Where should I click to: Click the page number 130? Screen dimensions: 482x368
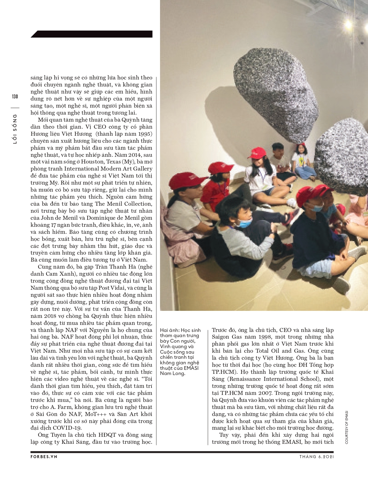pos(15,97)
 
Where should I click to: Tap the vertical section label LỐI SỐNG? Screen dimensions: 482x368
pos(15,129)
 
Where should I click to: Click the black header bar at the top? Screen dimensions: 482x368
pos(92,34)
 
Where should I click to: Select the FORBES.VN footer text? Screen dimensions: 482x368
pos(44,457)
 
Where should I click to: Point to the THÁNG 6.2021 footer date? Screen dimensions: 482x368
pos(316,457)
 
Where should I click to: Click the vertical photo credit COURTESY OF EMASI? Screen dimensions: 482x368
pos(347,427)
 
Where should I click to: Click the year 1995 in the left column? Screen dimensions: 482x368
pos(145,134)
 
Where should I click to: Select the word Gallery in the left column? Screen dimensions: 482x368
pos(143,169)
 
